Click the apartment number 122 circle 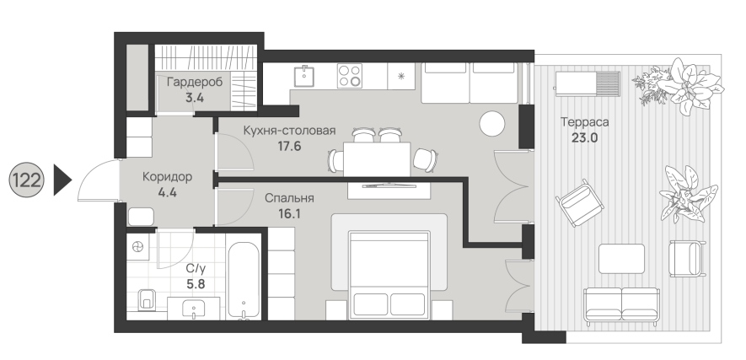click(27, 180)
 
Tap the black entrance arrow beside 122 click(62, 180)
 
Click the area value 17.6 click(289, 146)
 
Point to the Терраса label click(585, 122)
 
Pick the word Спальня click(289, 198)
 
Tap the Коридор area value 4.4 click(167, 193)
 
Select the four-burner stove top click(350, 76)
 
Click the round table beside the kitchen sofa click(492, 124)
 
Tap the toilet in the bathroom click(147, 299)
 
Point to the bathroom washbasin click(194, 309)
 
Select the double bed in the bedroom click(389, 275)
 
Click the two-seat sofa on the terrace click(622, 304)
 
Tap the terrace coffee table click(621, 259)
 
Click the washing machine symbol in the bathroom click(138, 246)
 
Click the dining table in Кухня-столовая click(377, 159)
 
